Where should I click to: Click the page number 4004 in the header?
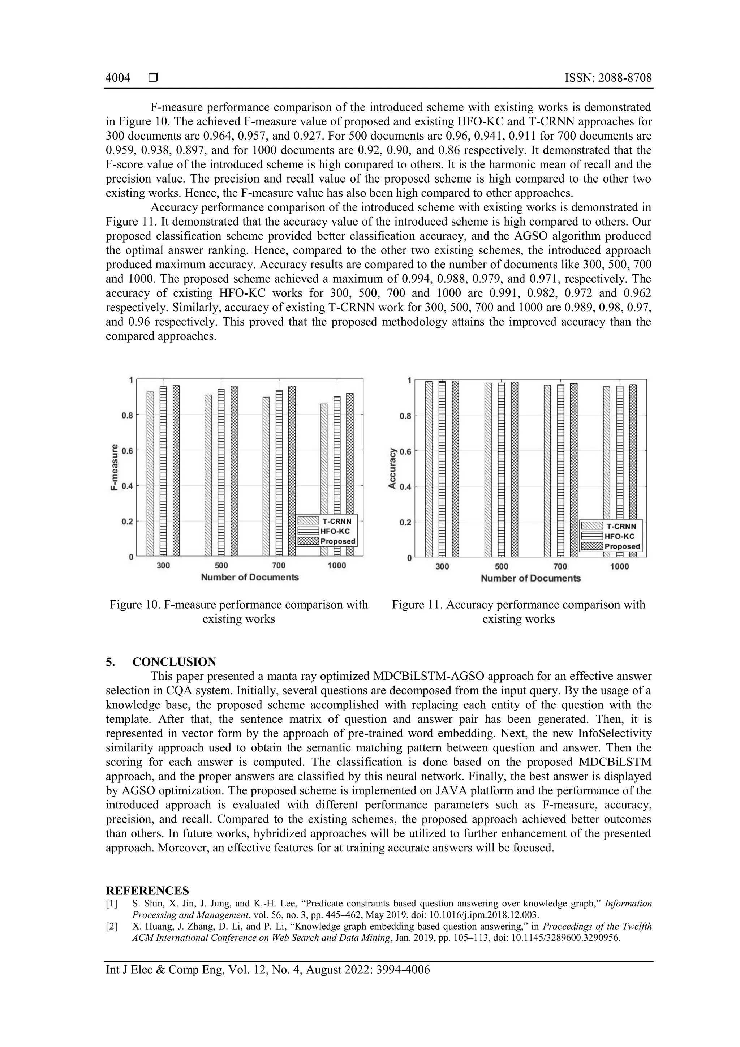click(x=118, y=78)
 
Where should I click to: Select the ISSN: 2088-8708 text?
click(x=608, y=78)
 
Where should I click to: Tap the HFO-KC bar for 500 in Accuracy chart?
click(x=501, y=470)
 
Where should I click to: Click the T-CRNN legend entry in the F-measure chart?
click(x=326, y=521)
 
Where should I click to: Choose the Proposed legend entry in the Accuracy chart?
click(x=611, y=546)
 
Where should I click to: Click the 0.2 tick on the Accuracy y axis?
click(x=405, y=523)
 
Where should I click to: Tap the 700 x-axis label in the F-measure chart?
click(x=279, y=566)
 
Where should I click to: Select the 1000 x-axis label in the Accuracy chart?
click(x=619, y=566)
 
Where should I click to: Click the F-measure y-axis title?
click(x=115, y=467)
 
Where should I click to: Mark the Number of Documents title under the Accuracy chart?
click(x=531, y=578)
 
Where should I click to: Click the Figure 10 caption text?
click(x=238, y=612)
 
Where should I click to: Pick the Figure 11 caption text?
click(x=519, y=612)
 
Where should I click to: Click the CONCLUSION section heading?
click(x=174, y=662)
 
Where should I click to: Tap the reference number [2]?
click(x=111, y=927)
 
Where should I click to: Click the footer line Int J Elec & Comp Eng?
click(x=268, y=970)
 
